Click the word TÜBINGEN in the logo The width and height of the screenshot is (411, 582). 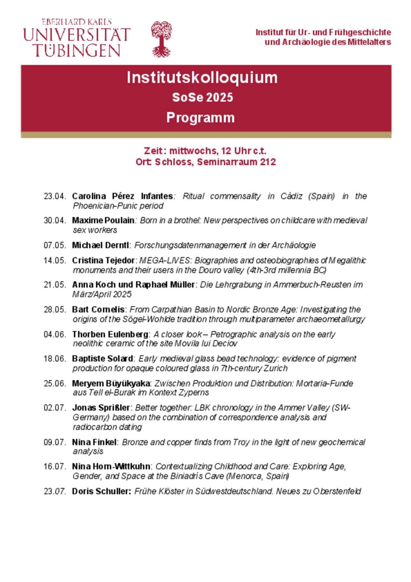click(x=76, y=51)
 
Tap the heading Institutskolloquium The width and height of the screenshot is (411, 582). click(x=202, y=78)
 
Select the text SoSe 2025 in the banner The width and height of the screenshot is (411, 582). click(x=203, y=97)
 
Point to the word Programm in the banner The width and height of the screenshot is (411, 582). click(x=201, y=117)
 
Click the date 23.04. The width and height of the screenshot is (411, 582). click(x=55, y=196)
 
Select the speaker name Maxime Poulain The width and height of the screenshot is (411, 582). click(x=103, y=221)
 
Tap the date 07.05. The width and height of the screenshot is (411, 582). click(x=55, y=245)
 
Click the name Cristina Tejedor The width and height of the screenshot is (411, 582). click(x=103, y=260)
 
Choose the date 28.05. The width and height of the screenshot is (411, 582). click(x=55, y=309)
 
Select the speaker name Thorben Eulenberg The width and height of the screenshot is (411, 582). click(x=110, y=334)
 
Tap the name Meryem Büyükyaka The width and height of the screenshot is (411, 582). click(x=111, y=383)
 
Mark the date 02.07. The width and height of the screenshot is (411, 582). click(x=55, y=408)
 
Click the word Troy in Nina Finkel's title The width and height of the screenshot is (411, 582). click(x=241, y=442)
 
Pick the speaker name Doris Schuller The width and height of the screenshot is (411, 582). click(x=101, y=491)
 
